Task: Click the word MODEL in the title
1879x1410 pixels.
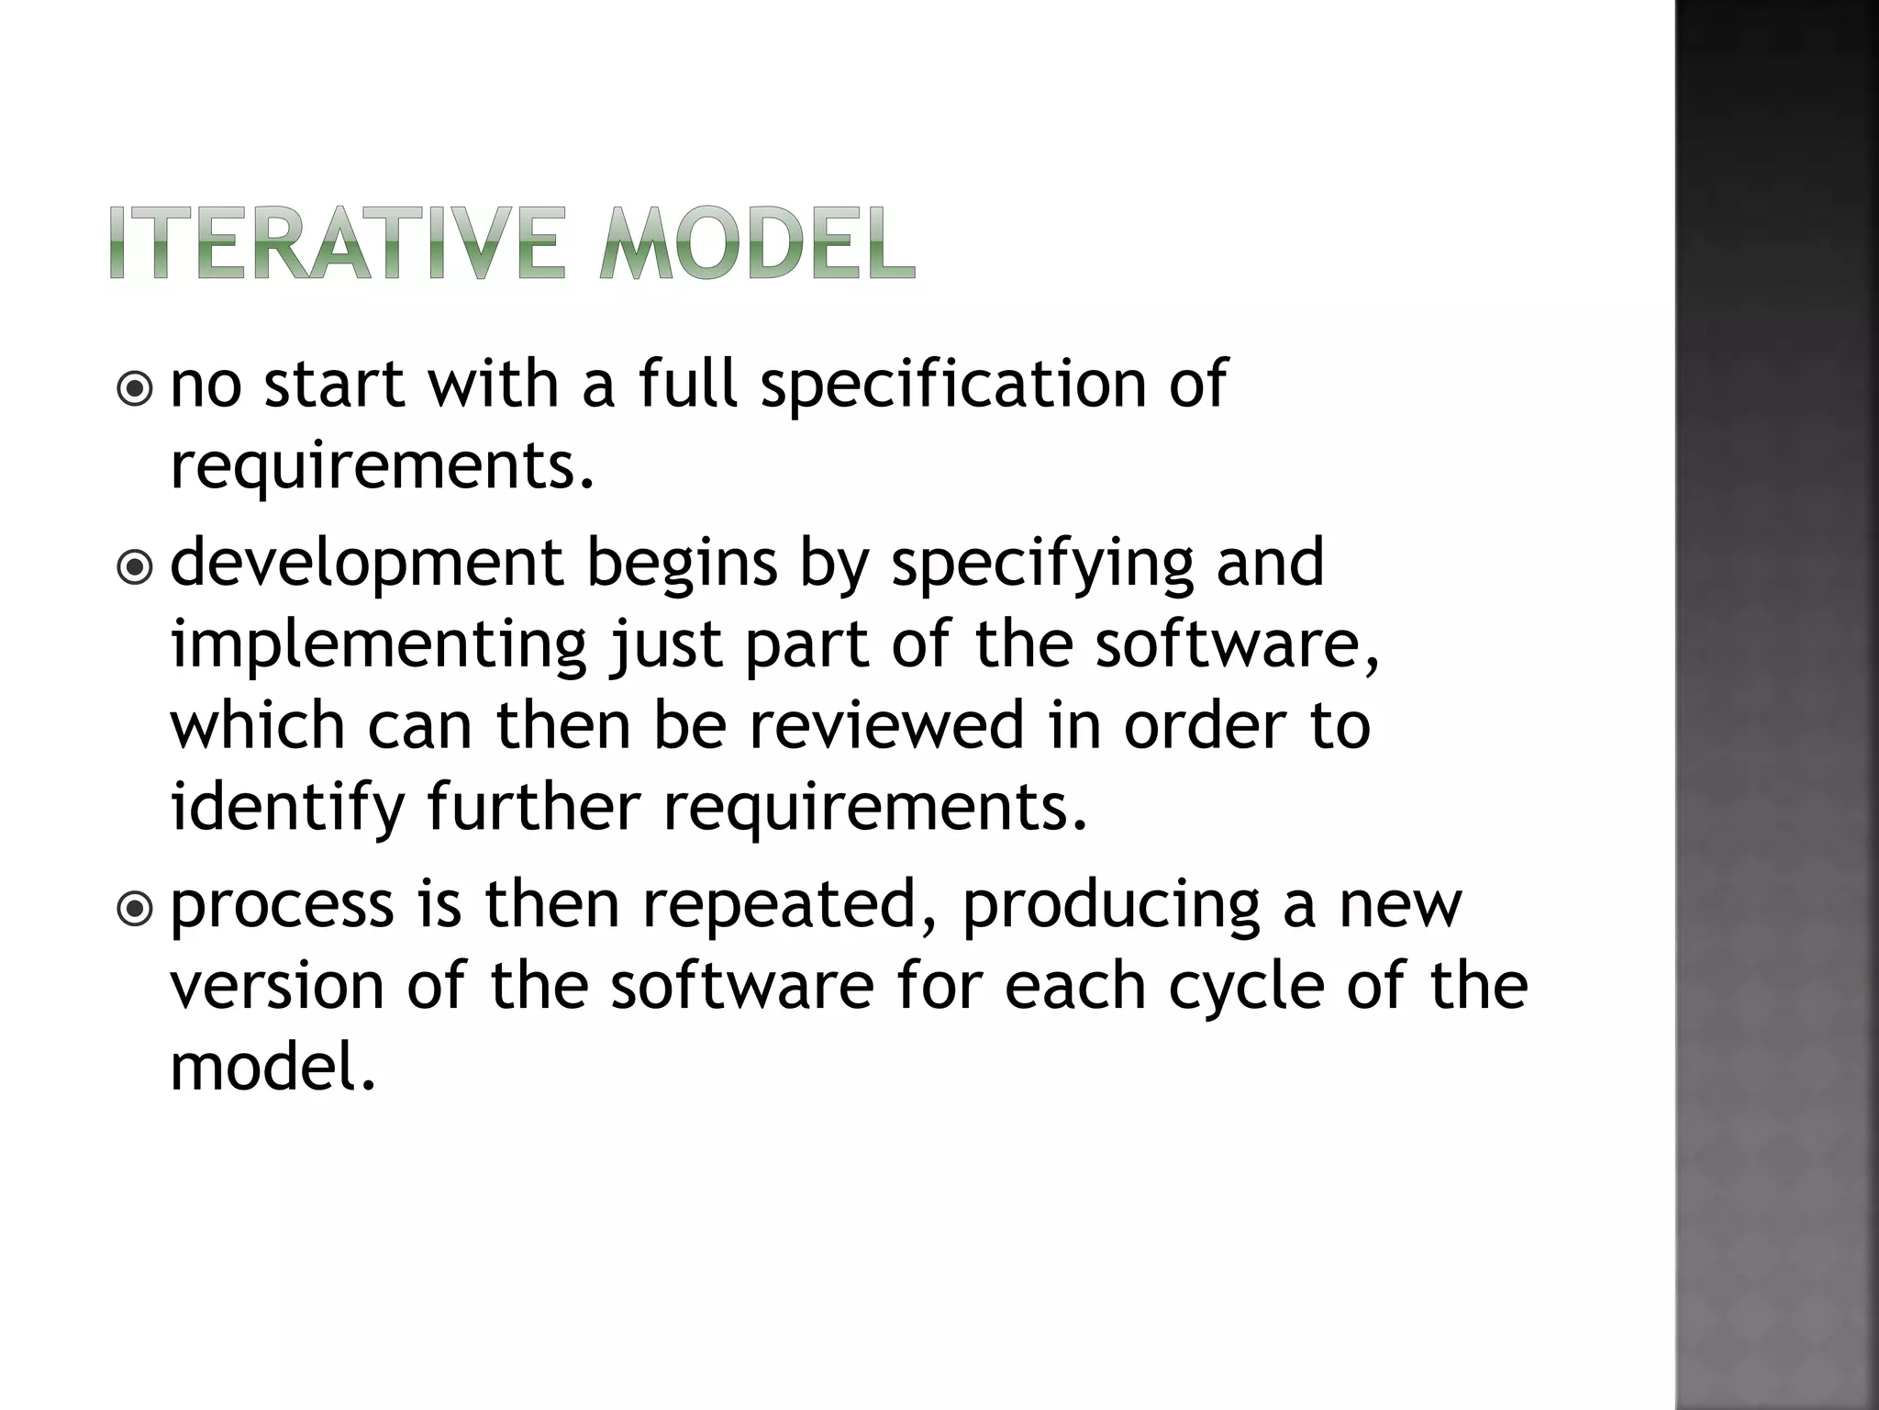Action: pyautogui.click(x=757, y=243)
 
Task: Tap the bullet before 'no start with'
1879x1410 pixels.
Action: pyautogui.click(x=136, y=390)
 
